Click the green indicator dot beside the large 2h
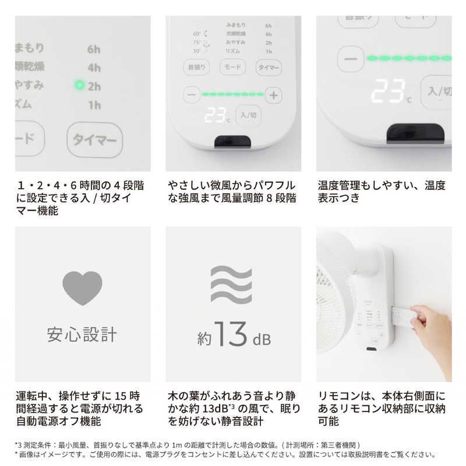pos(80,86)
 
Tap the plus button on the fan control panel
pos(274,94)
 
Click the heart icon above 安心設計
pos(82,288)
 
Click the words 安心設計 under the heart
pos(82,335)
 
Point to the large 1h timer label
pos(94,105)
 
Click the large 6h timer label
pos(94,49)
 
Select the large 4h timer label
pos(94,67)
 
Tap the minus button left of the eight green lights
pos(190,94)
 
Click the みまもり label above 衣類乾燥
pos(235,26)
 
